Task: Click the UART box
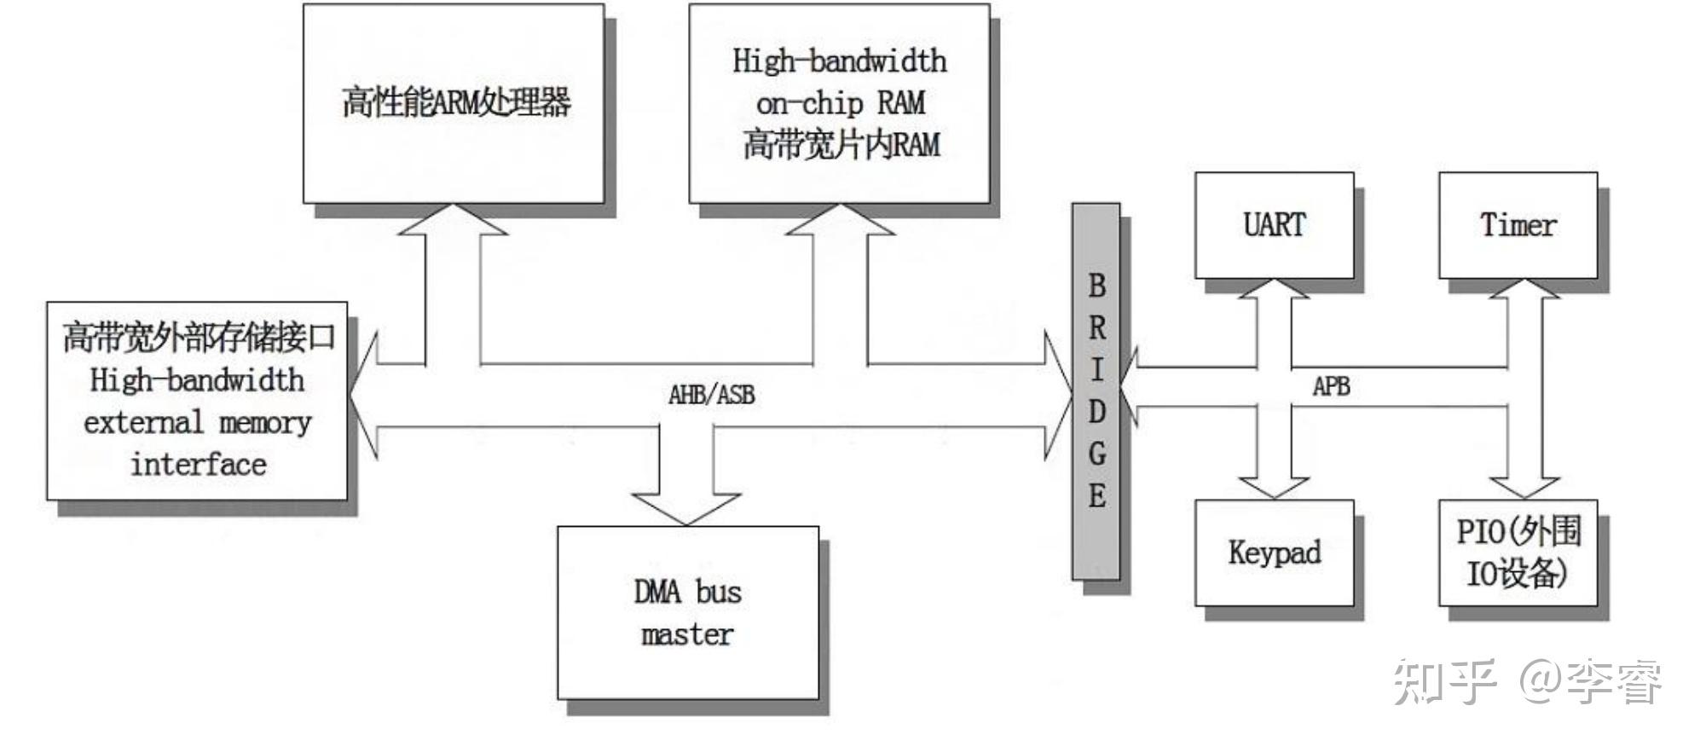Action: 1274,225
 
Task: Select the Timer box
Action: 1518,225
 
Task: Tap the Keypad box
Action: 1274,552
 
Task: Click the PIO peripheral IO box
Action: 1518,552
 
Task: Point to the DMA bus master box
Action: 687,612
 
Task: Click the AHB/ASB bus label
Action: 711,395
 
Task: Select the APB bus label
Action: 1331,387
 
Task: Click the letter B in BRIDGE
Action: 1096,286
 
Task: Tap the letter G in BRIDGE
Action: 1096,453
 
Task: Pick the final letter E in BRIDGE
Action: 1096,495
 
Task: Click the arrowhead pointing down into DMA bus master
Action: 687,510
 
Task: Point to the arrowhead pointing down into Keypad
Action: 1274,487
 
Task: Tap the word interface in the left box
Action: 198,465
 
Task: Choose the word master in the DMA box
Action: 687,634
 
